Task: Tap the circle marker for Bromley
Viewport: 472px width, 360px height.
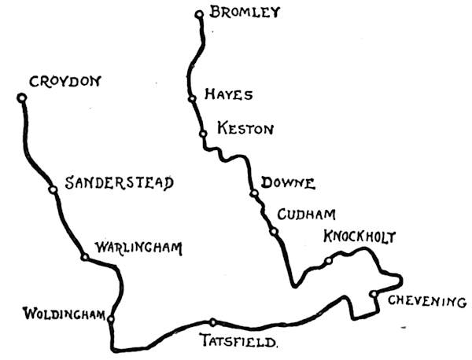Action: coord(199,13)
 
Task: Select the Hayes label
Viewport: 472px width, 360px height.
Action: coord(228,95)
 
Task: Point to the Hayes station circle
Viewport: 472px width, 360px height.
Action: coord(192,99)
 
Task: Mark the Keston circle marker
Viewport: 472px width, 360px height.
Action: coord(202,134)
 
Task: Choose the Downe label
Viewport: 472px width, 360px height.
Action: coord(289,184)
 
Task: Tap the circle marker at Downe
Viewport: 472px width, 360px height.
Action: coord(253,193)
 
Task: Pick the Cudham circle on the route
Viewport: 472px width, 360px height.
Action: coord(273,231)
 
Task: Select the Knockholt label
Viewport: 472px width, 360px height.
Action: coord(359,237)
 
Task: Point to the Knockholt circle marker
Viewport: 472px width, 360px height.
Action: coord(328,261)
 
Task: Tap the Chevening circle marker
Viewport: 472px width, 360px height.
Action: coord(373,295)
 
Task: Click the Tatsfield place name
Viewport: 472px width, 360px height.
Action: coord(240,342)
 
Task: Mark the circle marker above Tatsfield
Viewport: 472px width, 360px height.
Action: coord(212,321)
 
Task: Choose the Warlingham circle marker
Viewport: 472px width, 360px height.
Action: coord(84,257)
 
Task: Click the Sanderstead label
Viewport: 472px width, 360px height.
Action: coord(119,183)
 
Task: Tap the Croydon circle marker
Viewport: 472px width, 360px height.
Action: coord(22,98)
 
